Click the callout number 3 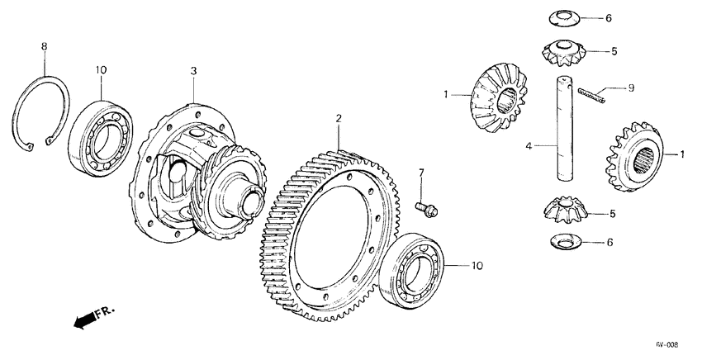pos(193,72)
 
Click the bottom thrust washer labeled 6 pos(565,242)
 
